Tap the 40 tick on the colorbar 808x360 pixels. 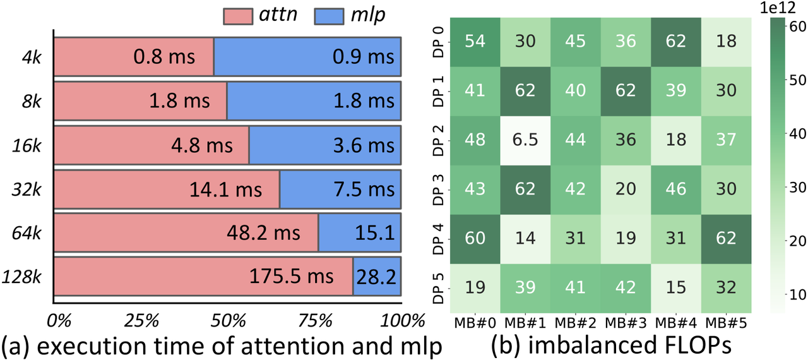(x=797, y=133)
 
